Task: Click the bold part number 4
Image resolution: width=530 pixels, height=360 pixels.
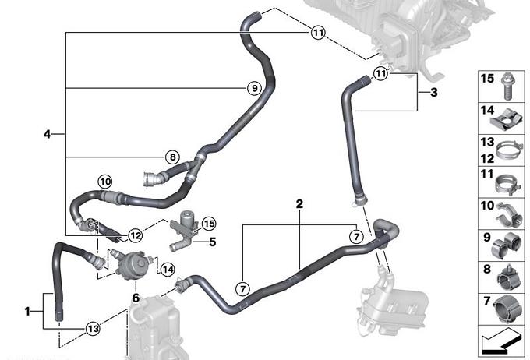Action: point(48,135)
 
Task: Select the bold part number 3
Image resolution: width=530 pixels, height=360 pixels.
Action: point(434,93)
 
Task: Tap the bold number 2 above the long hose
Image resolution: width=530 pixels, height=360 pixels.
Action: point(299,204)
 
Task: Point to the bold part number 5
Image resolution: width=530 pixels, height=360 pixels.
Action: point(211,241)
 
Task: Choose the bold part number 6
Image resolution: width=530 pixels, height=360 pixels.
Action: point(136,297)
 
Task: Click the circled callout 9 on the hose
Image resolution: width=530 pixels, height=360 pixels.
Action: point(253,89)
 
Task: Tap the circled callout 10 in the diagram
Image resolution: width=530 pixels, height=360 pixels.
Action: point(105,182)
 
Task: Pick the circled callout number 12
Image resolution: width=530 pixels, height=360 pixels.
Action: point(135,235)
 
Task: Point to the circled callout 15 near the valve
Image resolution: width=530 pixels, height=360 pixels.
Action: point(208,224)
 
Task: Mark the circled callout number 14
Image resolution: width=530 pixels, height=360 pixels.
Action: point(166,269)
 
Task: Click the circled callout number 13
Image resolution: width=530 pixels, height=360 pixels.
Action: point(93,328)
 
